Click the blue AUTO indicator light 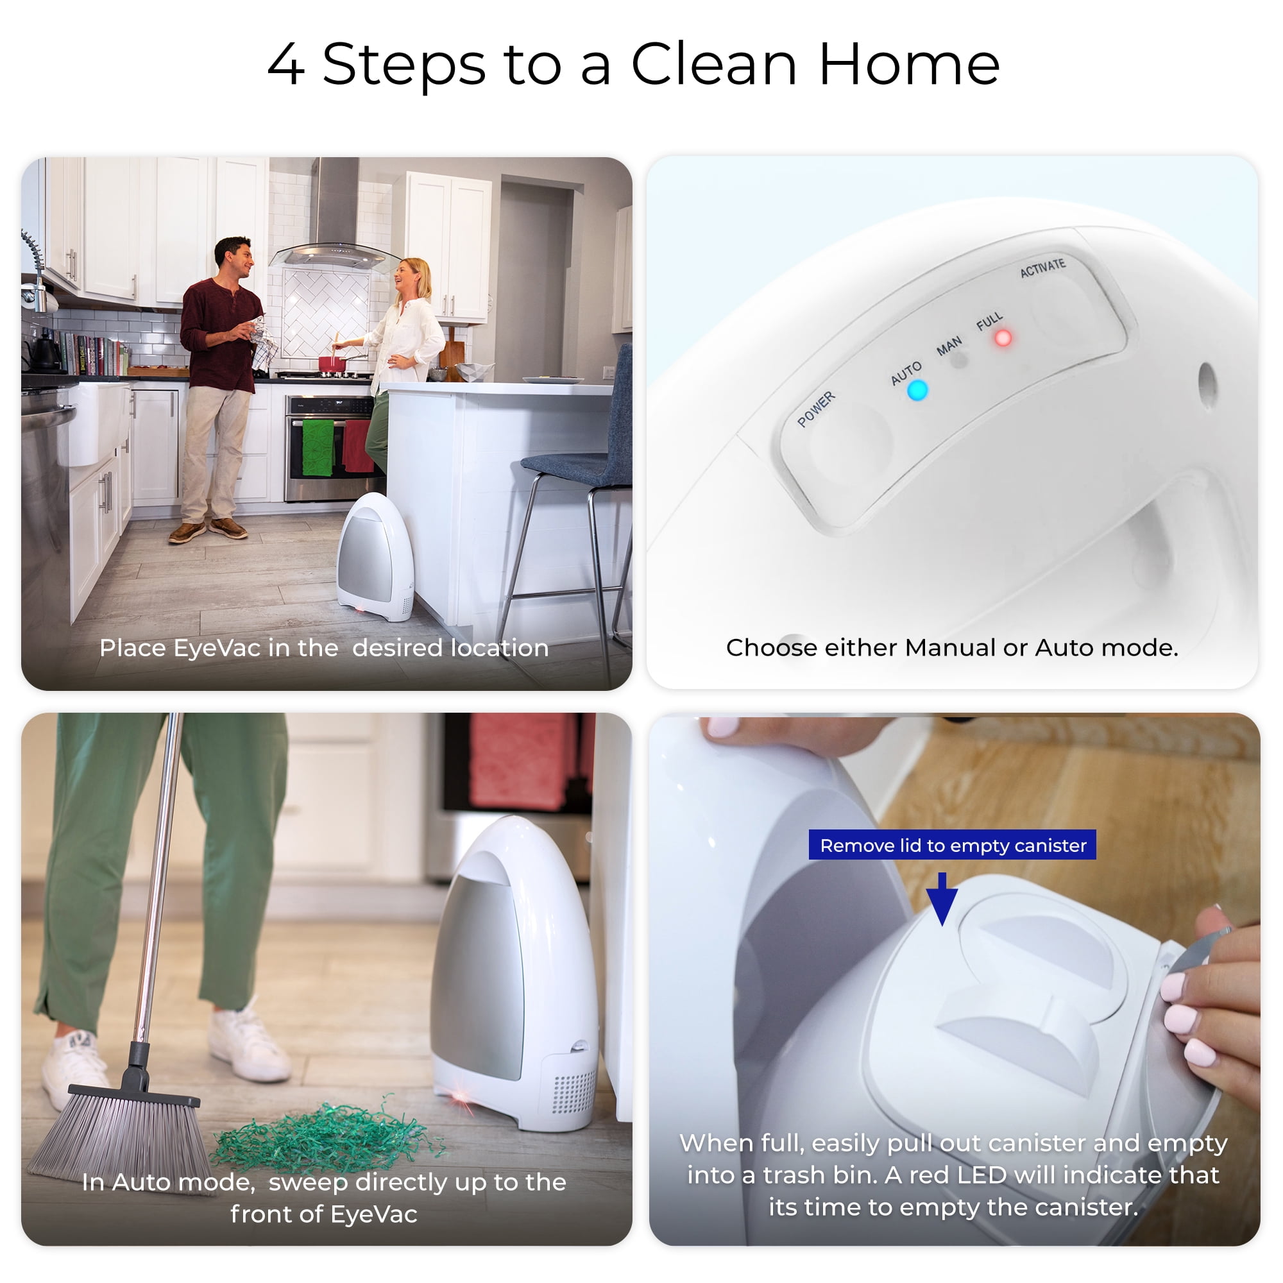pyautogui.click(x=917, y=391)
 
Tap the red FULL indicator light pyautogui.click(x=1003, y=338)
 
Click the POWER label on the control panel pyautogui.click(x=816, y=409)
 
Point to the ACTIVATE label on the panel pyautogui.click(x=1042, y=268)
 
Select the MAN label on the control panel pyautogui.click(x=949, y=346)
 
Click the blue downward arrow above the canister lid pyautogui.click(x=942, y=899)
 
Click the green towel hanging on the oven pyautogui.click(x=318, y=447)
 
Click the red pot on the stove pyautogui.click(x=332, y=363)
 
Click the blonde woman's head pyautogui.click(x=412, y=276)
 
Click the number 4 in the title pyautogui.click(x=287, y=64)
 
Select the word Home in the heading pyautogui.click(x=909, y=64)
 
